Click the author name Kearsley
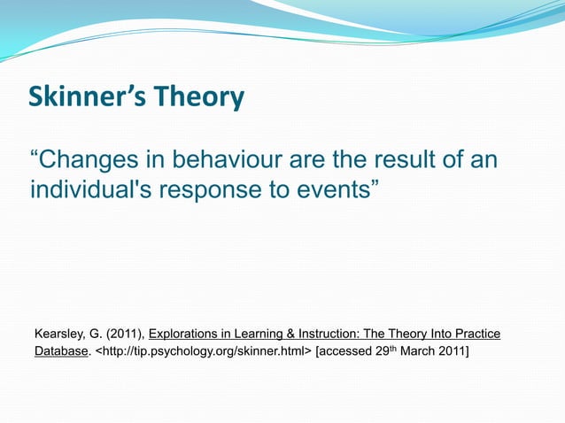[x=59, y=334]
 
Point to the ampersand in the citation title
[x=291, y=334]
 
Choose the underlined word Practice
[x=477, y=334]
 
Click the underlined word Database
[x=61, y=353]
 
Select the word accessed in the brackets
[x=347, y=353]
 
